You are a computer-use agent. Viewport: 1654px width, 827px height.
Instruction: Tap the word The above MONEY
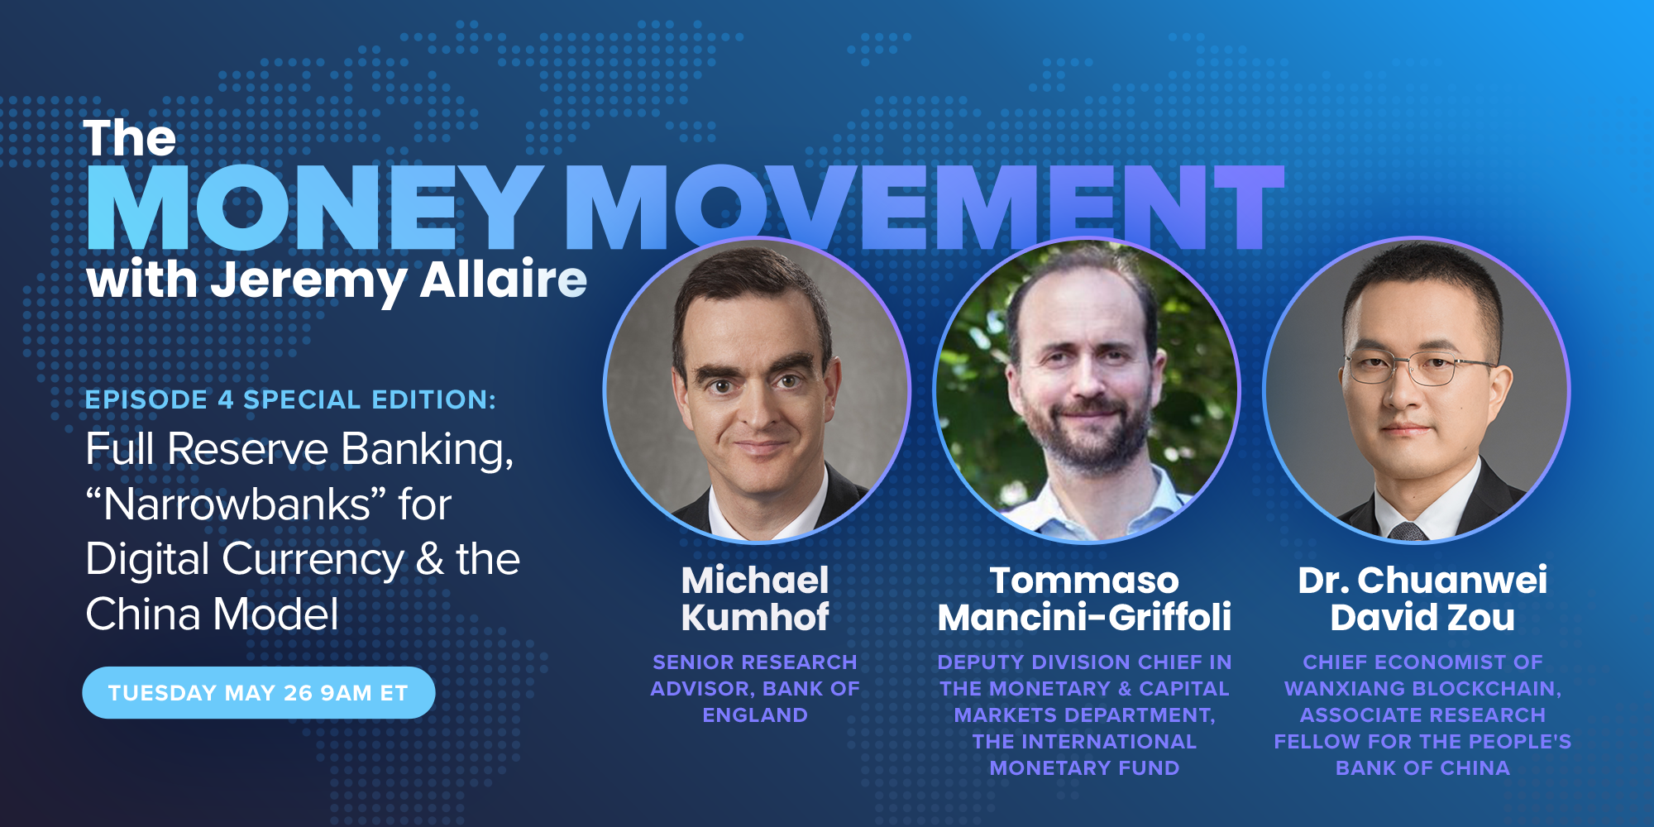pyautogui.click(x=130, y=138)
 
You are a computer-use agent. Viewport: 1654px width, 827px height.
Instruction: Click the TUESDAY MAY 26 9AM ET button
pyautogui.click(x=259, y=693)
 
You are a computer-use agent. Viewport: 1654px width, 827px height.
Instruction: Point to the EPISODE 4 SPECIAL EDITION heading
pyautogui.click(x=290, y=399)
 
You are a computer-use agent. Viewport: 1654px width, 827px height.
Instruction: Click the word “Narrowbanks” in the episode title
pyautogui.click(x=237, y=504)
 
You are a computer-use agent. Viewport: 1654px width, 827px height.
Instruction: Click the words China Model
pyautogui.click(x=213, y=614)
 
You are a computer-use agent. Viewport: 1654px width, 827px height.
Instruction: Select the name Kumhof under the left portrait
pyautogui.click(x=755, y=618)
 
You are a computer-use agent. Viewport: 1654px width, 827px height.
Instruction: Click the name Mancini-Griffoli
pyautogui.click(x=1084, y=618)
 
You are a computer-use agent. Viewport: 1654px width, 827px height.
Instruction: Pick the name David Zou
pyautogui.click(x=1422, y=618)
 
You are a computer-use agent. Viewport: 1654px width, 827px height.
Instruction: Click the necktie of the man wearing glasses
pyautogui.click(x=1407, y=531)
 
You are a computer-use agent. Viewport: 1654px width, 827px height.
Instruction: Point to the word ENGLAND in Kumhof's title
pyautogui.click(x=755, y=715)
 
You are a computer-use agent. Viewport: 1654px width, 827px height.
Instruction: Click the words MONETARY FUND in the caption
pyautogui.click(x=1084, y=768)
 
